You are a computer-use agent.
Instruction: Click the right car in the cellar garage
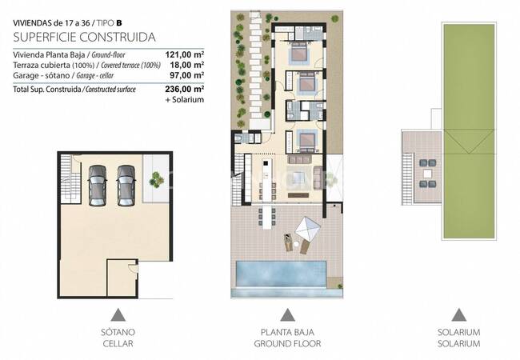click(126, 184)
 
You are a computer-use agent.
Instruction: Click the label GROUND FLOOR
click(287, 344)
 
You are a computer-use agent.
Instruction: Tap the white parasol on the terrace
click(307, 230)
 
